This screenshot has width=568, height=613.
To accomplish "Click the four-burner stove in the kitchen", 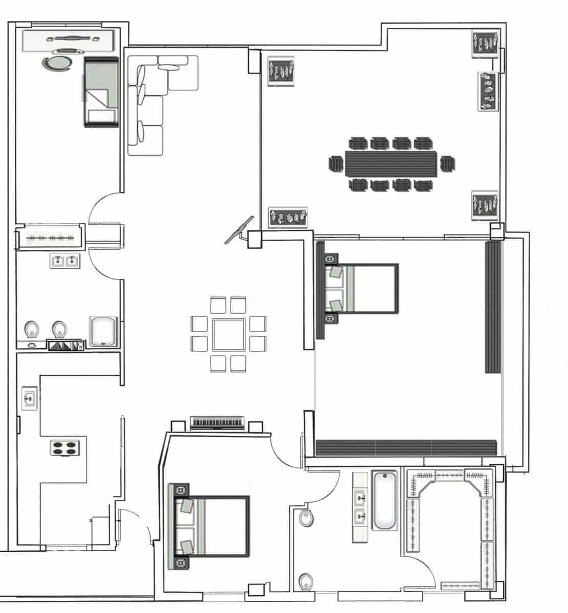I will (65, 447).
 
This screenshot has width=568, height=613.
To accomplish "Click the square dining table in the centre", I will (229, 335).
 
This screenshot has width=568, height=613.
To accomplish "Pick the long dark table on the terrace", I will (391, 164).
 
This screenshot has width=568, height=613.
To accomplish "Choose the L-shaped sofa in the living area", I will (153, 97).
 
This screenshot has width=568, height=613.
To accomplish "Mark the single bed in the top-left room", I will (101, 92).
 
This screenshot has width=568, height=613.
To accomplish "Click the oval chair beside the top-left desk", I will (57, 64).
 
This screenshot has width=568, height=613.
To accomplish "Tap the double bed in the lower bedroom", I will (211, 526).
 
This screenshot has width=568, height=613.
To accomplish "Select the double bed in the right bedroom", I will (360, 288).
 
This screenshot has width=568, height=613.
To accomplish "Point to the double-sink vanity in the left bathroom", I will (65, 262).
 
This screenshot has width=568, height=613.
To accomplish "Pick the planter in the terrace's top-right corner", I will (484, 42).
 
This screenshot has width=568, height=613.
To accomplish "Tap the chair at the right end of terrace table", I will (447, 164).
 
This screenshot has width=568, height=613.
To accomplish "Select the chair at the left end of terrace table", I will (336, 164).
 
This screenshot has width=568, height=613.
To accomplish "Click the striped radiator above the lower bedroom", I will (217, 422).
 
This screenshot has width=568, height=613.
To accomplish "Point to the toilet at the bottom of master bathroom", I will (306, 581).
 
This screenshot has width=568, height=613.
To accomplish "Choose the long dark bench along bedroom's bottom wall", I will (406, 448).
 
